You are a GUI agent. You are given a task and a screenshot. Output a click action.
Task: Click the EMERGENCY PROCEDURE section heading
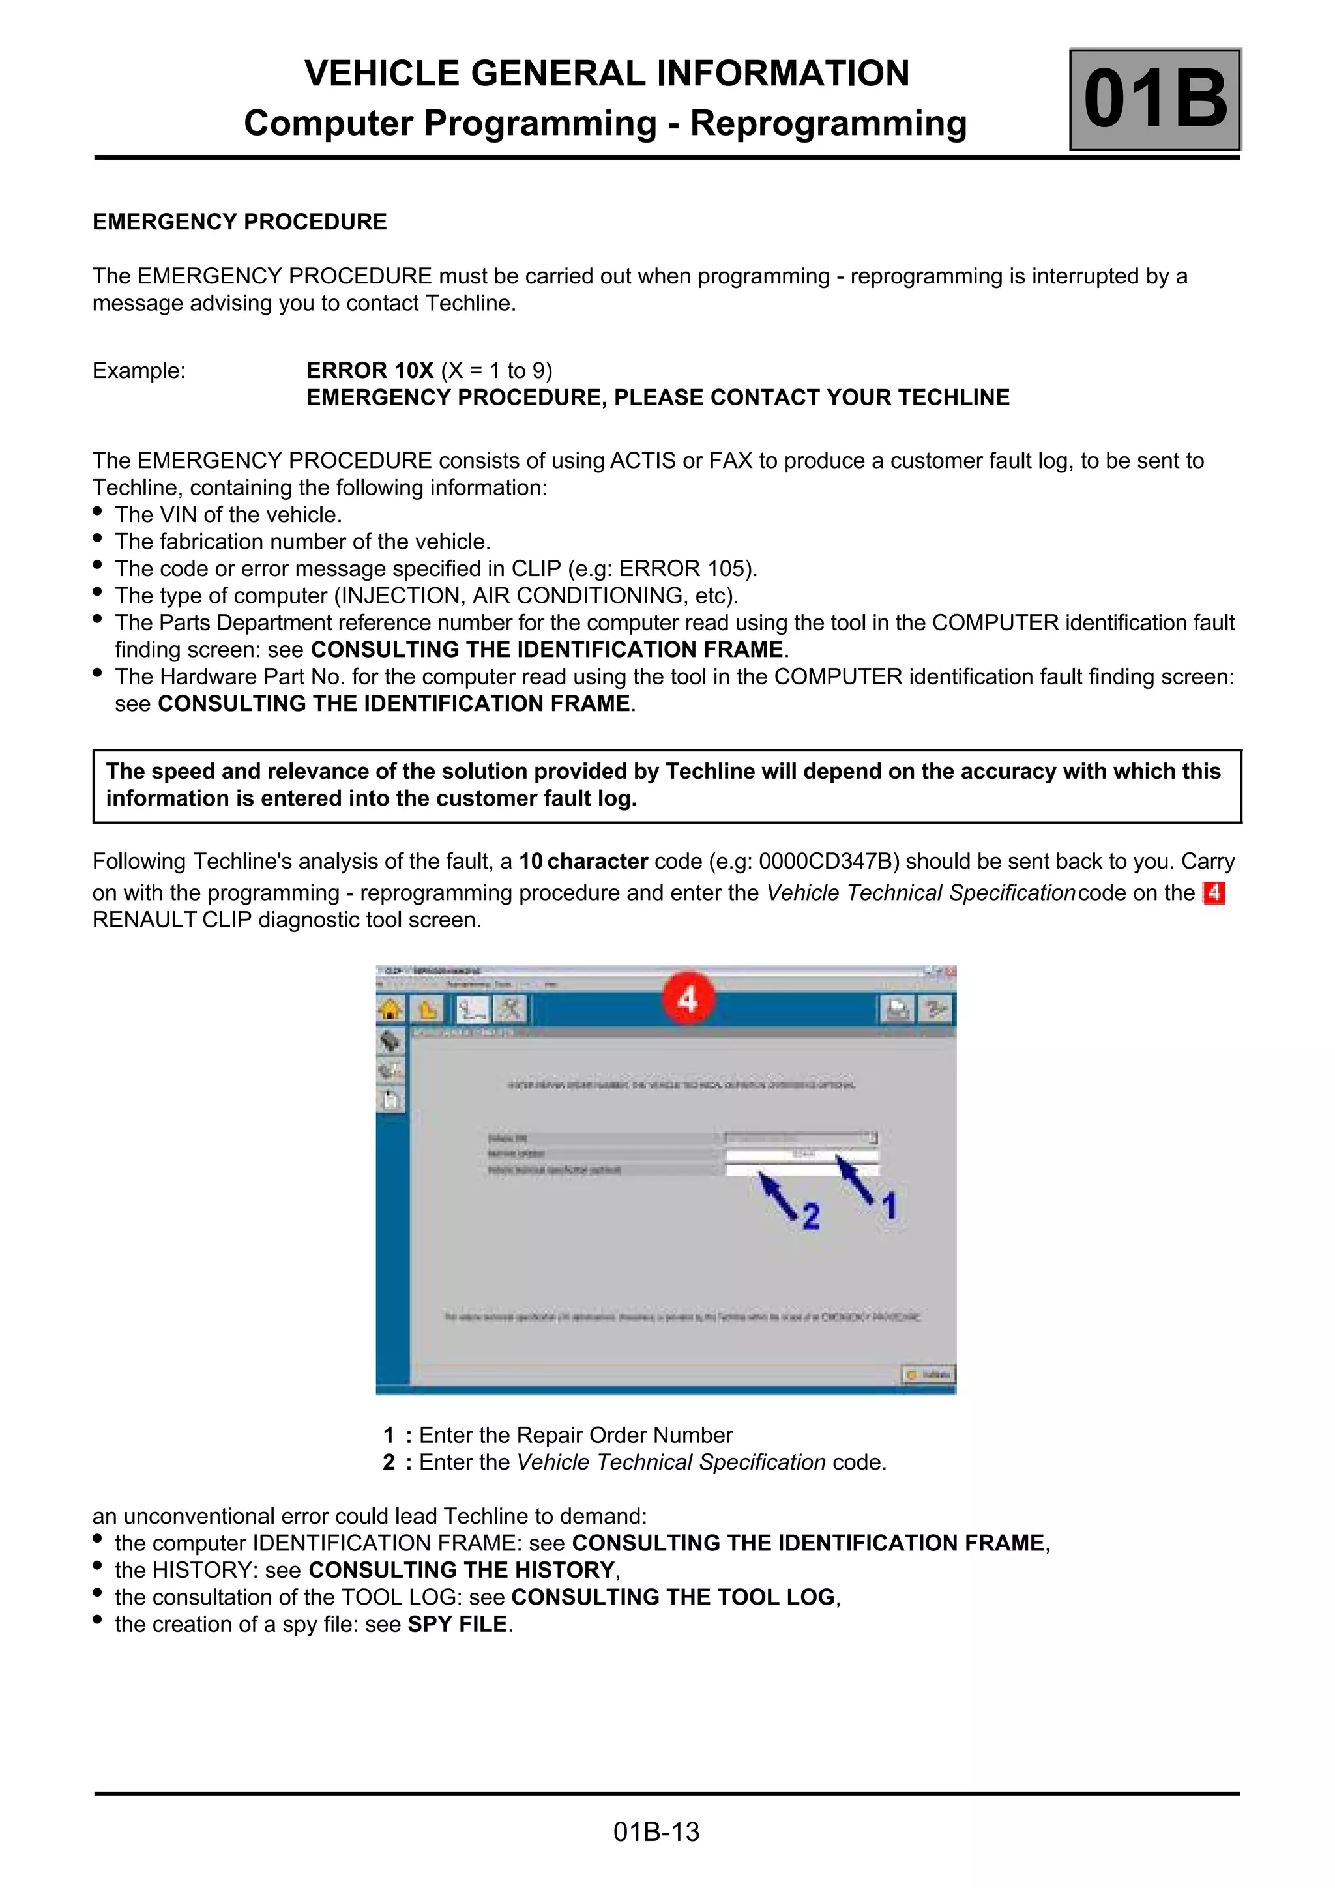[239, 222]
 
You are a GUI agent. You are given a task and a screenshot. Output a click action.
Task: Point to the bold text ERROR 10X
[370, 370]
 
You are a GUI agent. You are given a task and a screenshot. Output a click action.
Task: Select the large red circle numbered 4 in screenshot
[688, 999]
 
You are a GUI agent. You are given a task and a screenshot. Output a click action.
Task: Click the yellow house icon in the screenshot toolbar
[390, 1009]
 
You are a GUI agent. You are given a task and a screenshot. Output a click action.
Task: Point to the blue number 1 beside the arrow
[889, 1206]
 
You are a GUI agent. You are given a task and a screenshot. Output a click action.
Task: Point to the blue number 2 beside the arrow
[811, 1216]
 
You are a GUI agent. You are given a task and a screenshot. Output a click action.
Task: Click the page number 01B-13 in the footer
[656, 1832]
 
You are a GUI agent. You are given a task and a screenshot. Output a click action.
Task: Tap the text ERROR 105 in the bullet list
[686, 568]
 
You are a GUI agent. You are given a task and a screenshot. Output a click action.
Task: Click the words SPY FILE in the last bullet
[458, 1624]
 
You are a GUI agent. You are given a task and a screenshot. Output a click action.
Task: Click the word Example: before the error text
[139, 370]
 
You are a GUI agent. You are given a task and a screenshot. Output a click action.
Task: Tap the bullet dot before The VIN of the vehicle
[98, 512]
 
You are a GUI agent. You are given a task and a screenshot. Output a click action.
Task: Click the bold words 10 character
[583, 861]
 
